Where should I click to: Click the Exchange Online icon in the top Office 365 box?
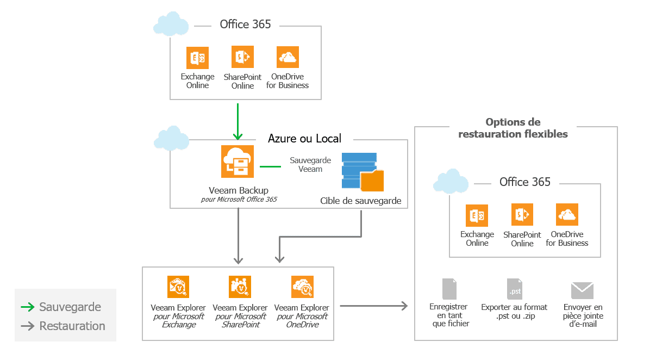(x=197, y=58)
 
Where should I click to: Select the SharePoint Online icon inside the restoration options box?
(x=522, y=215)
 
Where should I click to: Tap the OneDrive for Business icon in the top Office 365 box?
(x=288, y=57)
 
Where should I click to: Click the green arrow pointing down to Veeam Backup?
(x=238, y=122)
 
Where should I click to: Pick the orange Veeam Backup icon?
(x=238, y=162)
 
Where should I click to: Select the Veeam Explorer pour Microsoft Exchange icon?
(x=178, y=287)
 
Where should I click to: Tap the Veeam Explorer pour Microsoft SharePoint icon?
(x=240, y=287)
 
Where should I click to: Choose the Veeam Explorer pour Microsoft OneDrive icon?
(x=302, y=287)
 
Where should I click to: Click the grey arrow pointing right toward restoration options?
(x=373, y=306)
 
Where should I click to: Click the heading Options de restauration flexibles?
(x=513, y=128)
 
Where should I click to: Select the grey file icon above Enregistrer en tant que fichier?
(x=449, y=289)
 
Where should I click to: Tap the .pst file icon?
(x=514, y=289)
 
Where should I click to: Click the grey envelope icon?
(x=582, y=290)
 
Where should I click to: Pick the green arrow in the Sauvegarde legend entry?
(x=28, y=307)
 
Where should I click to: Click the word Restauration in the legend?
(x=72, y=326)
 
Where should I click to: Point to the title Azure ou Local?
(x=304, y=138)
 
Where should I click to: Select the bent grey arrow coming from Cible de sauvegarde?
(x=321, y=237)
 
